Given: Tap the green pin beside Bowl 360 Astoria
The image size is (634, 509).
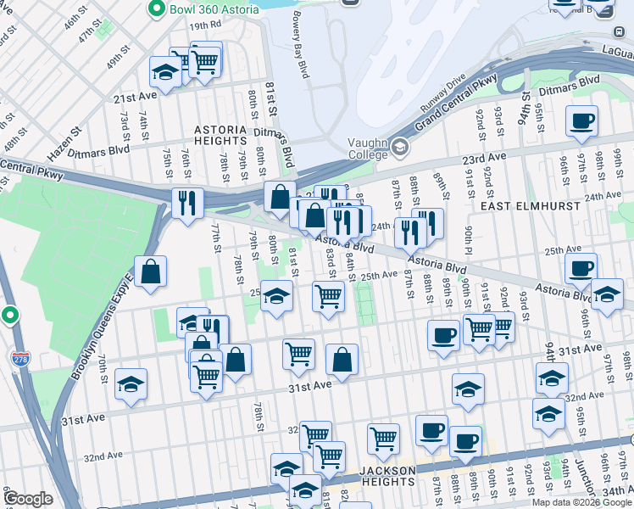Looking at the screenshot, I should (x=156, y=8).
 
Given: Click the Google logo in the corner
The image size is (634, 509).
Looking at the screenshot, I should (x=28, y=499).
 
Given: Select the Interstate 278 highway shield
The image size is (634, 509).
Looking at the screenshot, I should (x=19, y=360).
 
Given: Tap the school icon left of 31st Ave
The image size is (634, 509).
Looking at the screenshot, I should (x=131, y=386).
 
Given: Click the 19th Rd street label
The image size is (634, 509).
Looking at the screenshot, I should (x=204, y=26).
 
